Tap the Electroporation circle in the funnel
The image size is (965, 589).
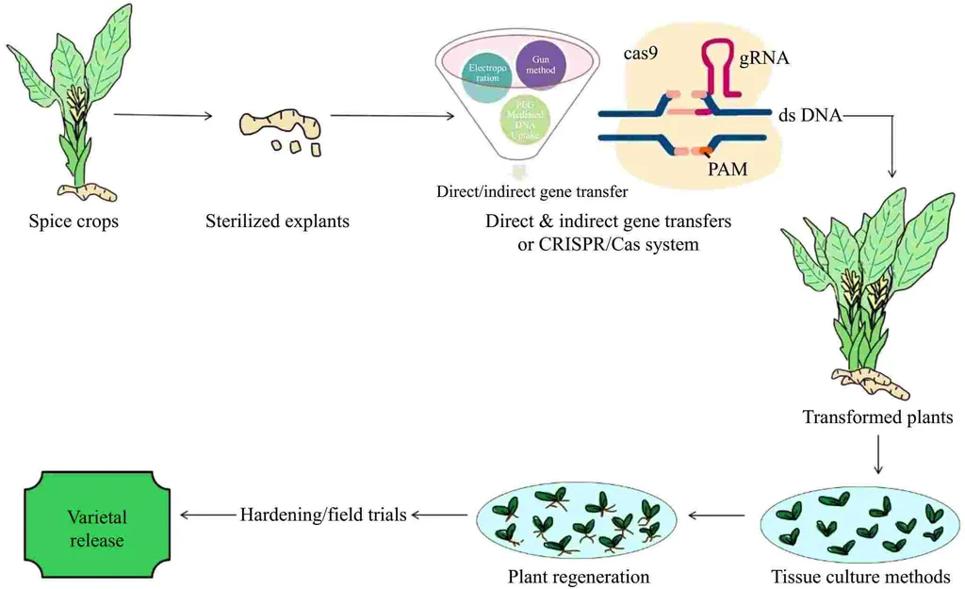486,73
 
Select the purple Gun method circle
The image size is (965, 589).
540,65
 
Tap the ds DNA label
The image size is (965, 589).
810,115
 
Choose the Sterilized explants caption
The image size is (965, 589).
277,221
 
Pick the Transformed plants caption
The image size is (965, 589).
877,417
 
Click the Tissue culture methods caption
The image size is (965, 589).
859,576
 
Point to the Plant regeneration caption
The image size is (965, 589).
579,576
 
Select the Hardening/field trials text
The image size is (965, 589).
323,515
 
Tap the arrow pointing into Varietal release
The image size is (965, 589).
207,515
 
